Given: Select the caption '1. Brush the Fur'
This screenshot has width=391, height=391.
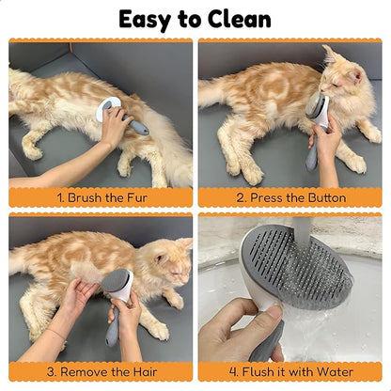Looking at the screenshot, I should (x=101, y=197).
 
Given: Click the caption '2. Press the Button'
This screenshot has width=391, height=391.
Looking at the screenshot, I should (x=290, y=197).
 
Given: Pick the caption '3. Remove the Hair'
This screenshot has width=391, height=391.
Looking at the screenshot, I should (x=101, y=371).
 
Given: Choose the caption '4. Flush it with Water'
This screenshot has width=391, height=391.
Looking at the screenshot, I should (x=290, y=371).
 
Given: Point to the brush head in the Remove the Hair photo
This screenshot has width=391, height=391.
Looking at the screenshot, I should (x=119, y=281).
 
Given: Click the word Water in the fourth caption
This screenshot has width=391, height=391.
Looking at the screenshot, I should (x=336, y=371).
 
